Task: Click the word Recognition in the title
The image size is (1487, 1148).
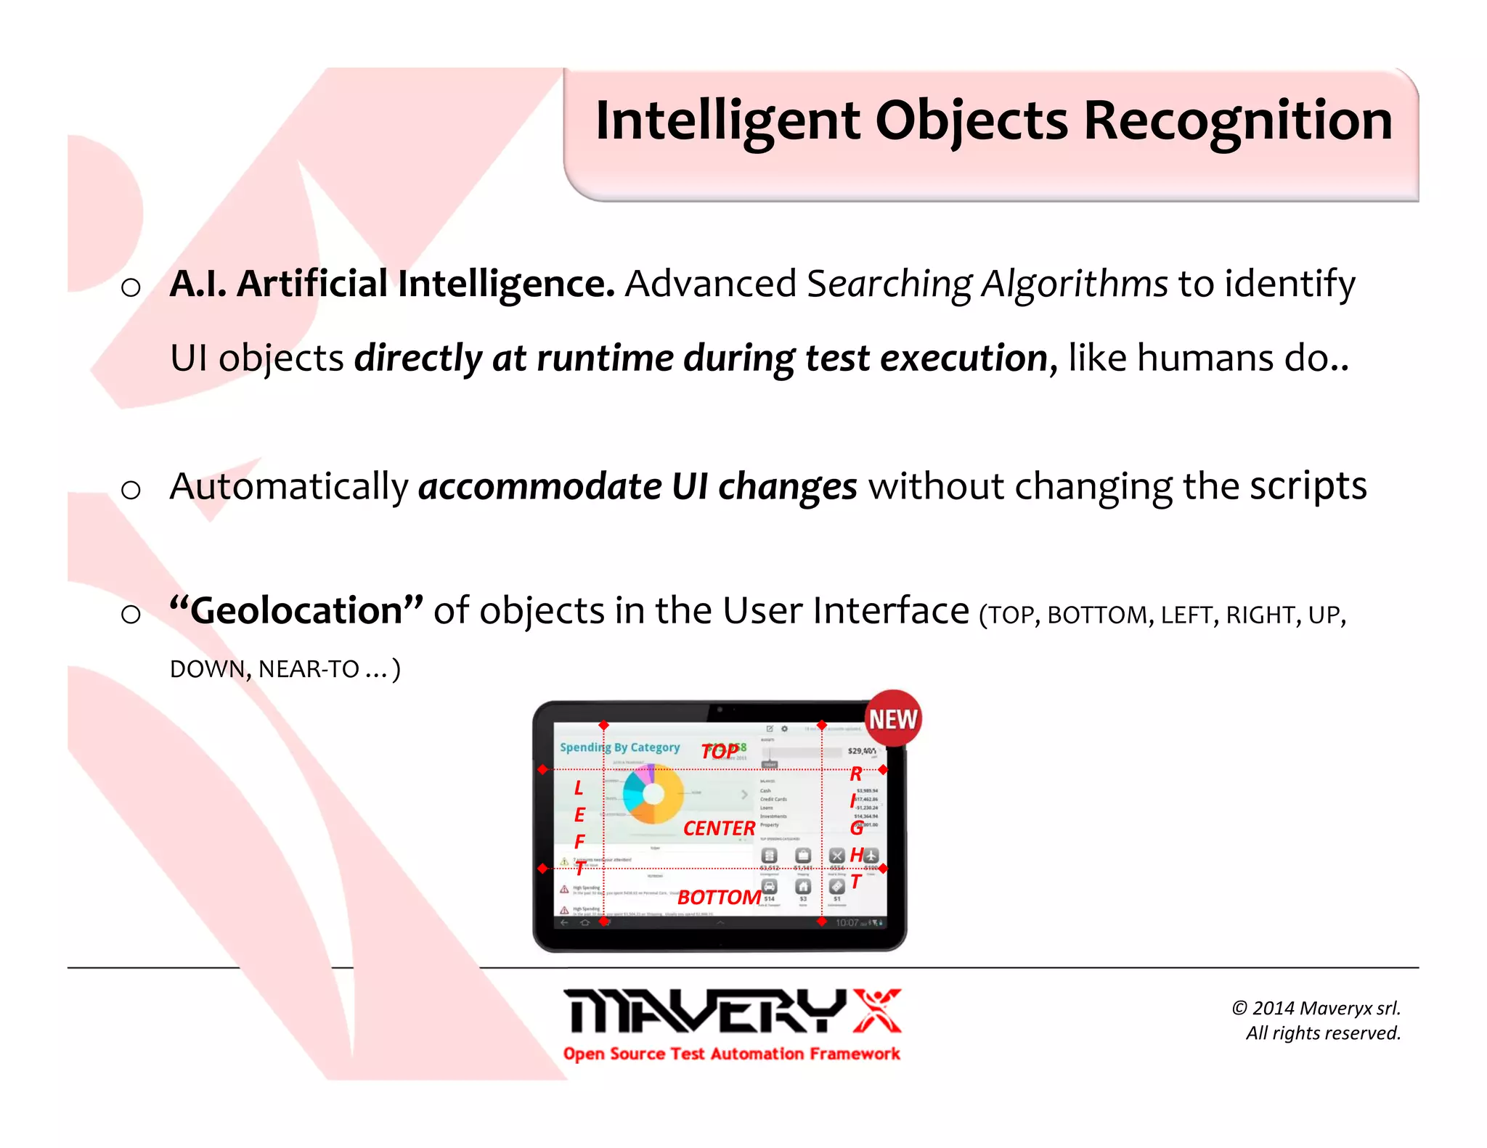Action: (1237, 120)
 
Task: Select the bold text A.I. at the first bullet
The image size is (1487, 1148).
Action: (197, 283)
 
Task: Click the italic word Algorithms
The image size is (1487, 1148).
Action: (1075, 284)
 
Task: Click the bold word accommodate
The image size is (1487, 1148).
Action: (539, 486)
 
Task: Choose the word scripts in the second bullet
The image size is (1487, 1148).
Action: (1308, 486)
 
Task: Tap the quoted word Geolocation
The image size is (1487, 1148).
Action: (296, 610)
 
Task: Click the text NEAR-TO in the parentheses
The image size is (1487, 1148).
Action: (309, 668)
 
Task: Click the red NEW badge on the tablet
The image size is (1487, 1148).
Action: (893, 718)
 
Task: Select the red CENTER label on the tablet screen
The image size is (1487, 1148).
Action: (719, 828)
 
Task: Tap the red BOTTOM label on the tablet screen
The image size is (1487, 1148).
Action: (719, 898)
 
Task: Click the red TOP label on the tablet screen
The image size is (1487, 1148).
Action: (720, 751)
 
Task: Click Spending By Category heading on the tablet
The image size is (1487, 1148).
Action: (619, 747)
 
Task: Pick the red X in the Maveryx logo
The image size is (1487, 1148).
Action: (876, 1010)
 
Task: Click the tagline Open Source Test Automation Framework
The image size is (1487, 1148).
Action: (731, 1054)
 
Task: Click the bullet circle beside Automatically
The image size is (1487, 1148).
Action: (131, 490)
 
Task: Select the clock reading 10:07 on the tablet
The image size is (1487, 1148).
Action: (847, 922)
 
